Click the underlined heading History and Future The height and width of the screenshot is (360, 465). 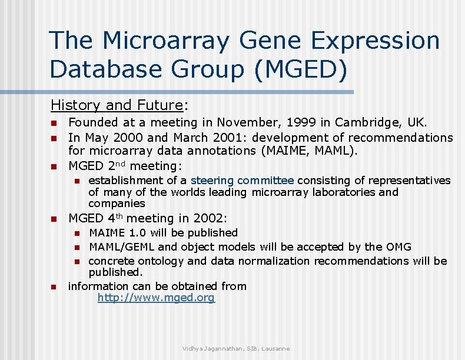117,105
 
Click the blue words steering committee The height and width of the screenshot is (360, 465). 243,181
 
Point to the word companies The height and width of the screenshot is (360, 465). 117,204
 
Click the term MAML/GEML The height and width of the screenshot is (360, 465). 124,247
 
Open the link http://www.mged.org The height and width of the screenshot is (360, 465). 156,298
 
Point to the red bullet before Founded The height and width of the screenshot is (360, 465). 53,124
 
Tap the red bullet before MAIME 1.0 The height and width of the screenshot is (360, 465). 76,234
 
